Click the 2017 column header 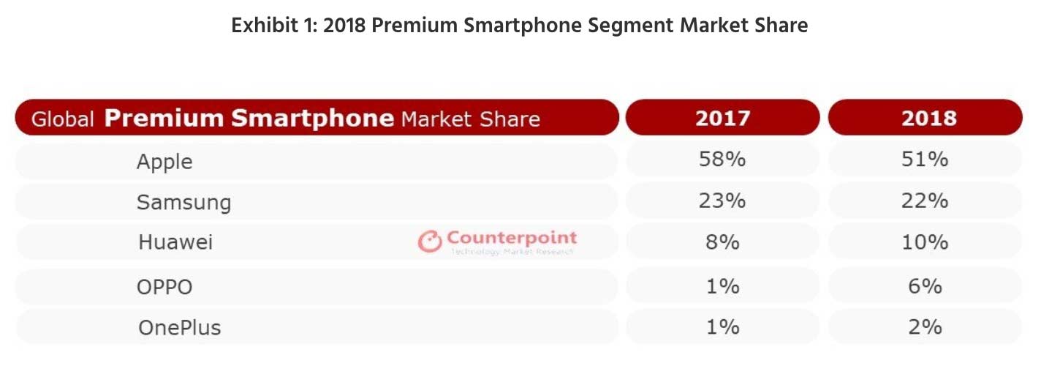tap(723, 118)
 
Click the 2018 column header tap(929, 118)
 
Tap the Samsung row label tap(184, 203)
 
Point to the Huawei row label tap(175, 242)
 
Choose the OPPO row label tap(164, 287)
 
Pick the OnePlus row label tap(179, 327)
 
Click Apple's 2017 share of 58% tap(722, 159)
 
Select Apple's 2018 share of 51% tap(925, 159)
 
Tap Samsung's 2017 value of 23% tap(722, 201)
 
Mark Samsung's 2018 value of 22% tap(925, 201)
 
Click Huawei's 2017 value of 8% tap(722, 242)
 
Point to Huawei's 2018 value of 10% tap(925, 242)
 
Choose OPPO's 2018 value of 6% tap(925, 285)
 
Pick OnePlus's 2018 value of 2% tap(925, 326)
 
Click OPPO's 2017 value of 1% tap(722, 285)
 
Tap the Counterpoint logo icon tap(429, 242)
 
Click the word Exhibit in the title tap(265, 25)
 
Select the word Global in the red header tap(63, 119)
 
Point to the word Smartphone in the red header tap(313, 118)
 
